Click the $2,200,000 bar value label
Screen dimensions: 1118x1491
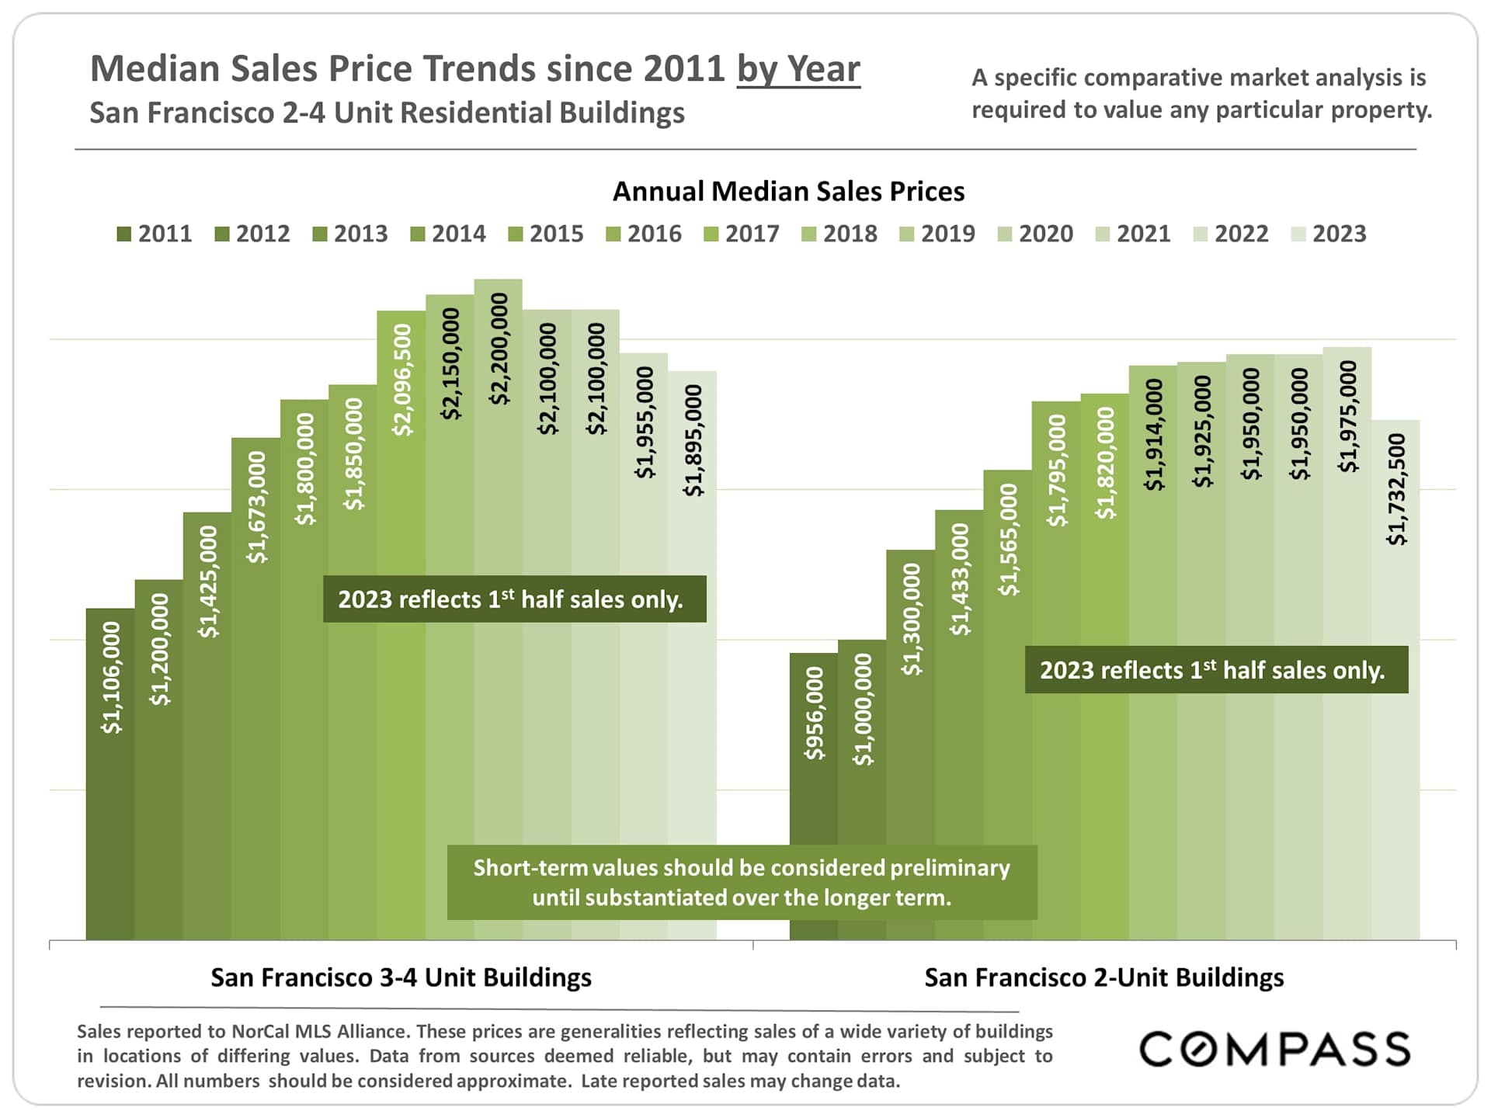coord(499,349)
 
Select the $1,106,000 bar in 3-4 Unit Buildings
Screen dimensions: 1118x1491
coord(110,776)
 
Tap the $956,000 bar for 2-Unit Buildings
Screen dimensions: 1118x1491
coord(813,800)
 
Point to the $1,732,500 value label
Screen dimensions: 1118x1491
coord(1396,489)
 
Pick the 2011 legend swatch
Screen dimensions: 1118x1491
coord(124,234)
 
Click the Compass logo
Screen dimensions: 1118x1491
coord(1274,1050)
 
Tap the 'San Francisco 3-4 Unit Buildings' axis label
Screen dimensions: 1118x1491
coord(401,977)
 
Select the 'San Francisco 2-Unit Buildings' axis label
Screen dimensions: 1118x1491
coord(1103,977)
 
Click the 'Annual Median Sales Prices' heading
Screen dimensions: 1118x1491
coord(788,192)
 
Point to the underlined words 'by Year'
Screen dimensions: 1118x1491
coord(798,69)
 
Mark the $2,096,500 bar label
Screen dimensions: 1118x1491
coord(402,380)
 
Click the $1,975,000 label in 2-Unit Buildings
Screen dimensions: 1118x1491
coord(1348,416)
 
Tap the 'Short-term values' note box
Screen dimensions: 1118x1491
coord(742,883)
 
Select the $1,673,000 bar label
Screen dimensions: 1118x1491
coord(256,507)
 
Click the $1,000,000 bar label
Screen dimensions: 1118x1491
coord(862,710)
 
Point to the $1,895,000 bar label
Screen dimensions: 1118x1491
coord(693,440)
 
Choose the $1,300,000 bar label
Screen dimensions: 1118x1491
coord(911,619)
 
